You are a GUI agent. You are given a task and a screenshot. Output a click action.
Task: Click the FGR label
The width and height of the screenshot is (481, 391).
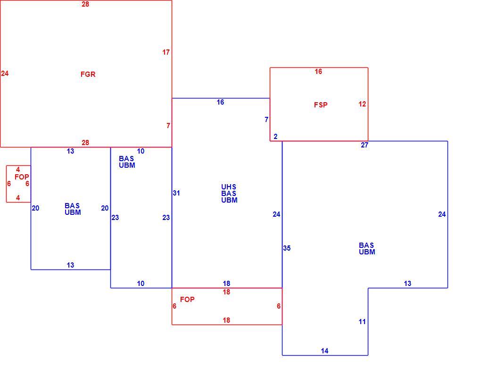click(88, 74)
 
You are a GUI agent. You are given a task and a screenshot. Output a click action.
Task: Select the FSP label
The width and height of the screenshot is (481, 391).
click(321, 105)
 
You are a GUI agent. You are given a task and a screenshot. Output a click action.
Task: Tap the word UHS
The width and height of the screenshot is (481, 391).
click(229, 187)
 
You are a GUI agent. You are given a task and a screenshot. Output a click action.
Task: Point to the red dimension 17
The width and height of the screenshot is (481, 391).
click(166, 52)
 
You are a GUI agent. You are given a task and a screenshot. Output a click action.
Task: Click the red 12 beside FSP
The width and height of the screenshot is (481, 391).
click(362, 104)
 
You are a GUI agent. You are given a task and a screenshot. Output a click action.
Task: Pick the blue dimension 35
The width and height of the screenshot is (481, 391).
click(287, 248)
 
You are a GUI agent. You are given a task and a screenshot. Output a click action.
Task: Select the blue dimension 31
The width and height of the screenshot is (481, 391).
click(176, 193)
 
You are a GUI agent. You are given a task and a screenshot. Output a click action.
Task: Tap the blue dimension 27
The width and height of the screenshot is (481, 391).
click(365, 145)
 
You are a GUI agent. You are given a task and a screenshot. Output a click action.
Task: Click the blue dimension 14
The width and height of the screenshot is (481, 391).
click(324, 351)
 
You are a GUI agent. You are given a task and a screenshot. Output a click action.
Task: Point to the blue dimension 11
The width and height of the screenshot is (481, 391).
click(362, 322)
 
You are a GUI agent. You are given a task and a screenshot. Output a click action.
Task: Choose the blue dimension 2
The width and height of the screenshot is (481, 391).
click(275, 137)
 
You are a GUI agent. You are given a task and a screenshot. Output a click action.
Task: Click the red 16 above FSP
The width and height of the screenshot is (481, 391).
click(318, 72)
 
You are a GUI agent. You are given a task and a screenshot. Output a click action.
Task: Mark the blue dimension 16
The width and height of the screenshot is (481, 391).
click(220, 102)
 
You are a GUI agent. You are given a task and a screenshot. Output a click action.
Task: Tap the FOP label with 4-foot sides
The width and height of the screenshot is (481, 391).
click(22, 177)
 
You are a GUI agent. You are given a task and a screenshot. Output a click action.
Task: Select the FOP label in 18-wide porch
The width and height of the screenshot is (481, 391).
click(187, 300)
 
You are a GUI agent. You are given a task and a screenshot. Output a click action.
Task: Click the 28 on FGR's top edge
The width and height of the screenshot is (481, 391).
click(85, 4)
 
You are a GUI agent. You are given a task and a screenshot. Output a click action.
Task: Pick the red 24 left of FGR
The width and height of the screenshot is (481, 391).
click(5, 73)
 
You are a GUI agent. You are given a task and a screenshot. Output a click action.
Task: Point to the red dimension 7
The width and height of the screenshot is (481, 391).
click(168, 126)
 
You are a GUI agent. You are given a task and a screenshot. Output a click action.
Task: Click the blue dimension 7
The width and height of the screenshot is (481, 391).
click(266, 120)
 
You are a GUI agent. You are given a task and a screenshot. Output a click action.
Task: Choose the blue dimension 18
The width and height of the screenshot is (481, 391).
click(226, 284)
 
